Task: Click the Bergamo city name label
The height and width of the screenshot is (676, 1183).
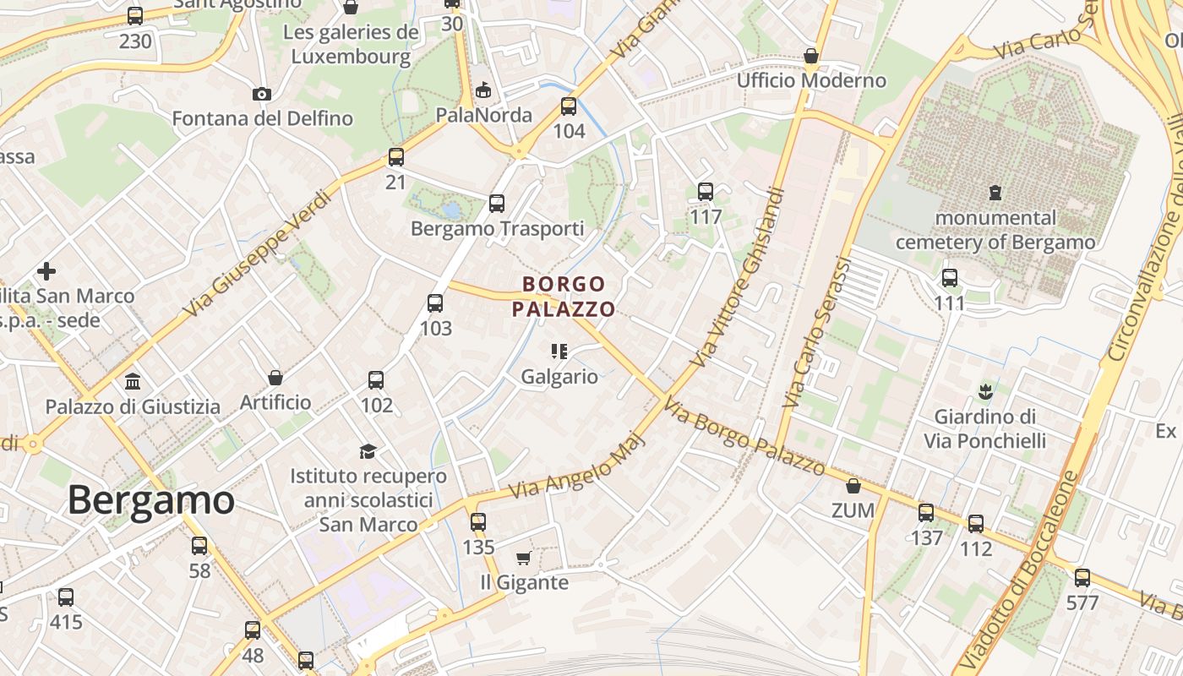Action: click(x=150, y=499)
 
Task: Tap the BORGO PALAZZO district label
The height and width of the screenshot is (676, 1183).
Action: click(x=564, y=297)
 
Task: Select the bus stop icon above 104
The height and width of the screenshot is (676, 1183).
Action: click(x=569, y=106)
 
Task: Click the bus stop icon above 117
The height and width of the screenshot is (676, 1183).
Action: click(x=706, y=192)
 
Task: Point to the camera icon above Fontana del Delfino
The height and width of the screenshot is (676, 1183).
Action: click(x=262, y=94)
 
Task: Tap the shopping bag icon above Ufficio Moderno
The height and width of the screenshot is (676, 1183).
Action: click(x=811, y=56)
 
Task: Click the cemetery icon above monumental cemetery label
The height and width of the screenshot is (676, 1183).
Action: click(x=995, y=193)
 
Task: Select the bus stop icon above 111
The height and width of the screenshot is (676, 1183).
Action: click(x=950, y=277)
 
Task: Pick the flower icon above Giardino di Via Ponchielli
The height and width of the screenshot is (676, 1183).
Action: click(x=984, y=391)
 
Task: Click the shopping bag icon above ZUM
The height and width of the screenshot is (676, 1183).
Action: click(x=853, y=486)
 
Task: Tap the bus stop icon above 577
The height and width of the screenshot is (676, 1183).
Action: click(x=1082, y=578)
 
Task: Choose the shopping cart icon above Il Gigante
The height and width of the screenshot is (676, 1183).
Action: click(x=523, y=558)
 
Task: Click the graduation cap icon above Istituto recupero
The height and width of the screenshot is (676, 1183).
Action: click(x=368, y=450)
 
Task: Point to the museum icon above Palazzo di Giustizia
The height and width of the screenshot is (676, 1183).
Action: click(x=133, y=381)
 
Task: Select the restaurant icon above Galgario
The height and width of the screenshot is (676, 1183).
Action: click(x=559, y=351)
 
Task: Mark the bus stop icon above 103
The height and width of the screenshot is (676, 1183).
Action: click(x=435, y=303)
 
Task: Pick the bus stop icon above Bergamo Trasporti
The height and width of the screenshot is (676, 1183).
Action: click(x=497, y=204)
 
